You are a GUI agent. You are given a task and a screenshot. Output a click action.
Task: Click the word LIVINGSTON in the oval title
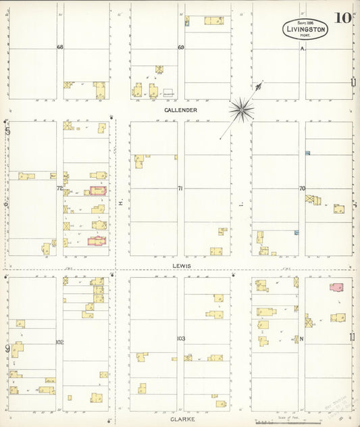tap(305, 30)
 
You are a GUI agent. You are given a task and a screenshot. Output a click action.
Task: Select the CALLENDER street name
tap(180, 109)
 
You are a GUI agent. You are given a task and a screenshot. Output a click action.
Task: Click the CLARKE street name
tap(182, 419)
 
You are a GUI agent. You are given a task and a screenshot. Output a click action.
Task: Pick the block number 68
tap(59, 47)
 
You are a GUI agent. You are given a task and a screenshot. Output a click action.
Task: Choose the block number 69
tap(181, 47)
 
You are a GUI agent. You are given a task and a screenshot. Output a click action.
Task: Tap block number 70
tap(302, 188)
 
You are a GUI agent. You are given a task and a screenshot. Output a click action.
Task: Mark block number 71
tap(180, 188)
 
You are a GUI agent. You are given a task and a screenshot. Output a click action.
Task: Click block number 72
tap(59, 188)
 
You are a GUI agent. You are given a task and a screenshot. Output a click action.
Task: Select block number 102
tap(59, 343)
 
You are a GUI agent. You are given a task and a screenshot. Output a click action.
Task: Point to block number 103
tap(180, 338)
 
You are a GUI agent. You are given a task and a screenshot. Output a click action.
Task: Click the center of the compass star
tap(240, 108)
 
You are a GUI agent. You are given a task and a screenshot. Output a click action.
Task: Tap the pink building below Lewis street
tap(336, 287)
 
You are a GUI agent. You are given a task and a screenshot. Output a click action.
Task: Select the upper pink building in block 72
tap(99, 191)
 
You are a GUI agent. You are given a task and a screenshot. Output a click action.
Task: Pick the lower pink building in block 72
tap(96, 240)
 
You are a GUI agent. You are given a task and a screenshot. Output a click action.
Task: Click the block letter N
tap(302, 338)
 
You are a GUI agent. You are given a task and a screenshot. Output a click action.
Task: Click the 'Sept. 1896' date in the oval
tap(305, 22)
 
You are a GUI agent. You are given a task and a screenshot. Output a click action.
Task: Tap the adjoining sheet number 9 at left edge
tap(7, 349)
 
